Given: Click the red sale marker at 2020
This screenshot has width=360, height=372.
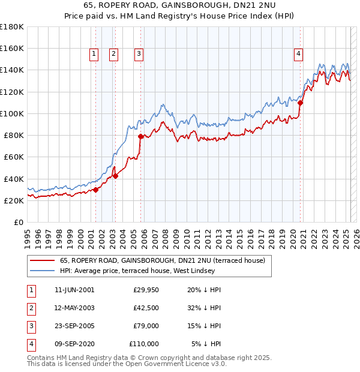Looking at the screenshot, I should coord(301,102).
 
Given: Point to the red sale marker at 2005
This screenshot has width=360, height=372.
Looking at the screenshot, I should coord(141,136).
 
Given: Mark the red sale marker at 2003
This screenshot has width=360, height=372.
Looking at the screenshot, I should coord(115,176).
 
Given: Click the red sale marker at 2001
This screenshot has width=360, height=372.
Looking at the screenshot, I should coord(95,190).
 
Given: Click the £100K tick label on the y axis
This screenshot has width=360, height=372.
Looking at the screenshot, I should coord(12,113).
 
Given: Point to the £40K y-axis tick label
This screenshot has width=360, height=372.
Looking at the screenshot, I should coord(14,179).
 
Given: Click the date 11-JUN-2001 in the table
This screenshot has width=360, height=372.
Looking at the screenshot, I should coord(74,290).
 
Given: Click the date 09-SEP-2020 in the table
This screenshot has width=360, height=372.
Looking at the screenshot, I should coord(74,344).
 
